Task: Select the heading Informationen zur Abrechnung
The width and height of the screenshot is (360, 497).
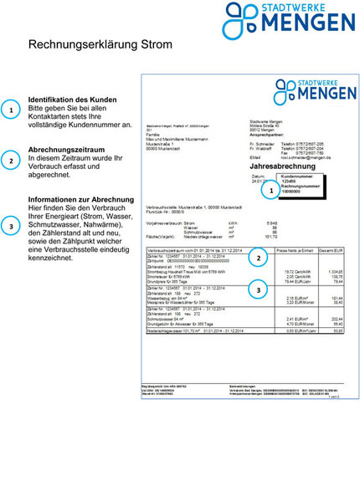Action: (81, 200)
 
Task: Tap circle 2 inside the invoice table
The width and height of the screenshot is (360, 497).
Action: (260, 259)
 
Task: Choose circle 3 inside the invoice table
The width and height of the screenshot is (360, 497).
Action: (260, 291)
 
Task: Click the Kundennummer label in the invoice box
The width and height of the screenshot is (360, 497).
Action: (297, 177)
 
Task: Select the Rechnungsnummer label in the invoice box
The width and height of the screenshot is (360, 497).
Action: (300, 186)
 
